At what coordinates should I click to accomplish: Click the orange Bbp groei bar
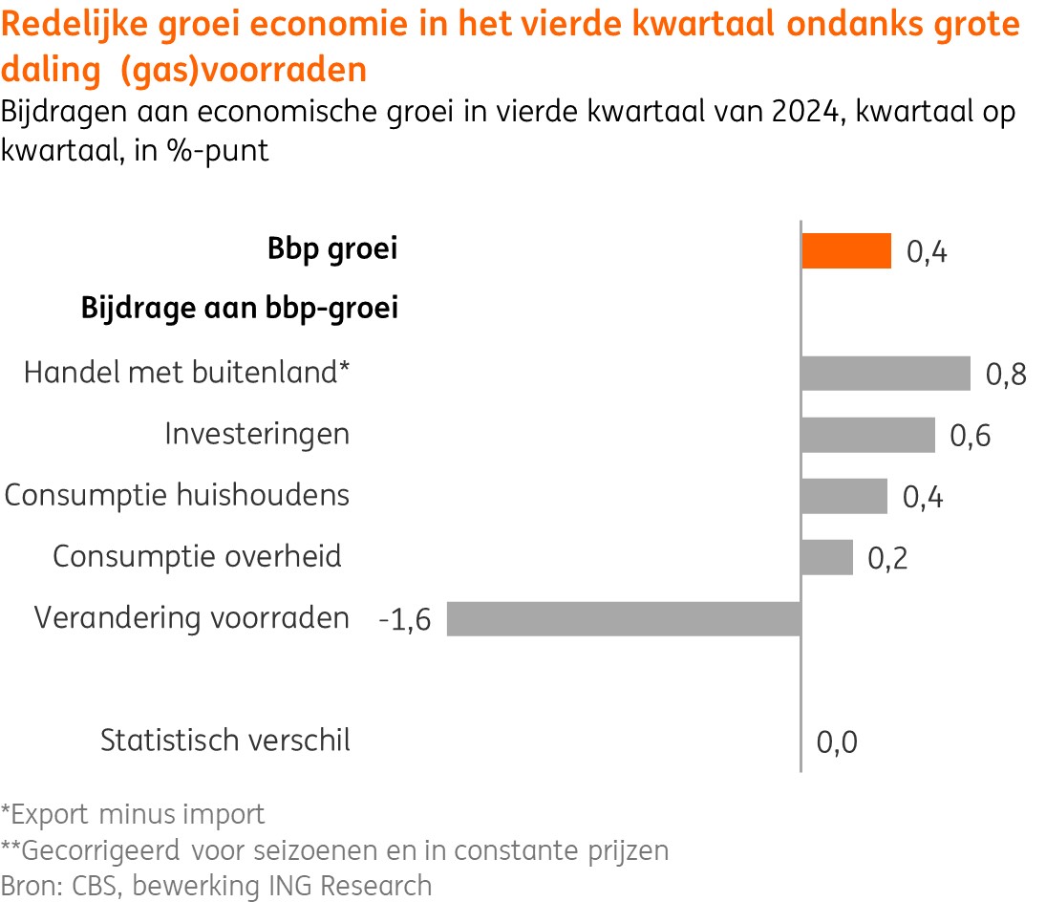pos(846,251)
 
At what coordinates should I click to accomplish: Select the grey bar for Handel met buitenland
pos(886,374)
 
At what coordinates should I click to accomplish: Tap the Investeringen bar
pos(867,435)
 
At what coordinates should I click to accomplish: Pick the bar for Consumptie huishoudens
pos(843,497)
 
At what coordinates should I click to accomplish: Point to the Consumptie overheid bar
pos(826,557)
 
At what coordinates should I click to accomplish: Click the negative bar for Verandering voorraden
pos(623,619)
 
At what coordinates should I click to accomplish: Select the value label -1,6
pos(405,621)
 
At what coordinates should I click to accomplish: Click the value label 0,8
pos(1006,375)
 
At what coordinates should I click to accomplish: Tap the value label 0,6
pos(970,437)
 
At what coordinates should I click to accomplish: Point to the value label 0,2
pos(887,559)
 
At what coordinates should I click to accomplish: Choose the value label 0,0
pos(837,742)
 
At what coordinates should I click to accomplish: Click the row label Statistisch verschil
pos(225,741)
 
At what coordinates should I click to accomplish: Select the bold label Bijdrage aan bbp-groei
pos(240,310)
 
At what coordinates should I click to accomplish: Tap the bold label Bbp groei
pos(332,250)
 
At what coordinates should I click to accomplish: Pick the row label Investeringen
pos(257,434)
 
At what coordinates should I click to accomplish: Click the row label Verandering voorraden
pos(192,618)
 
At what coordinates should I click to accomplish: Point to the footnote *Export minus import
pos(133,815)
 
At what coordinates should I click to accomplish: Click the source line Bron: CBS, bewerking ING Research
pos(216,885)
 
